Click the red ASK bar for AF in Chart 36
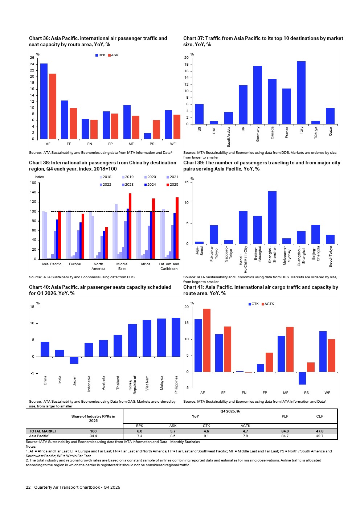53,106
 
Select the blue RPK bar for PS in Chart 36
148,136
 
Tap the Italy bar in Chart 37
301,93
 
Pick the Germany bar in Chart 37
258,95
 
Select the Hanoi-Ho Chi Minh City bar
243,227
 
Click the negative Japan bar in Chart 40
74,360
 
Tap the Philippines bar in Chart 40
176,337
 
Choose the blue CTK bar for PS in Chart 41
302,378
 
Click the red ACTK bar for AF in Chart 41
207,340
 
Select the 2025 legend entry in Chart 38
172,185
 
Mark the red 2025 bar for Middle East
130,226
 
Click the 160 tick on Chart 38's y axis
33,183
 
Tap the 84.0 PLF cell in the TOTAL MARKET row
285,431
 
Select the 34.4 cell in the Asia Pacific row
93,436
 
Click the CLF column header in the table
319,416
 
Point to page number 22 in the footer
28,487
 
